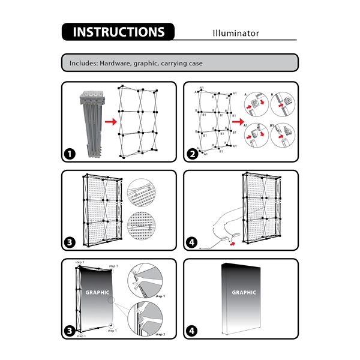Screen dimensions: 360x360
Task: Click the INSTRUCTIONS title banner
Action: click(x=118, y=32)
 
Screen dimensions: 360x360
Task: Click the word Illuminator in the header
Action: click(x=236, y=33)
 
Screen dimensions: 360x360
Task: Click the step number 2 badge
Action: click(x=193, y=154)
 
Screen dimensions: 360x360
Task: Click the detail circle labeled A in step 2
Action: click(x=256, y=104)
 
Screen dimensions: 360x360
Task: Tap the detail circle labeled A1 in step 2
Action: click(x=256, y=137)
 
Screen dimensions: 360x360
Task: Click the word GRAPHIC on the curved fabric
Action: click(x=97, y=293)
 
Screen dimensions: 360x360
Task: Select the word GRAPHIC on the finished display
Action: click(x=244, y=293)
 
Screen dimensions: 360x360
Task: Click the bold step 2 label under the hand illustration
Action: click(x=160, y=333)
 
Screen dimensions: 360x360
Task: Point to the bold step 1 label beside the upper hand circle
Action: click(x=160, y=296)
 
